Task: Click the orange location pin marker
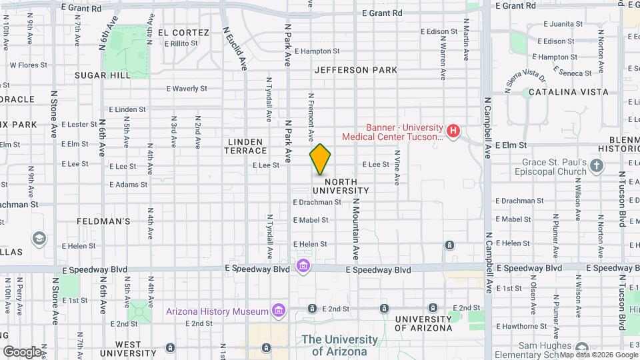click(320, 159)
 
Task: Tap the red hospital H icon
click(453, 131)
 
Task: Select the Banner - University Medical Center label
click(393, 132)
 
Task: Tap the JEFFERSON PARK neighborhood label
click(355, 70)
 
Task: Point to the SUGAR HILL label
click(103, 75)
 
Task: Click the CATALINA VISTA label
click(566, 92)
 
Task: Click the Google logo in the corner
click(21, 351)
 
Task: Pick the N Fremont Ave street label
click(311, 117)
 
